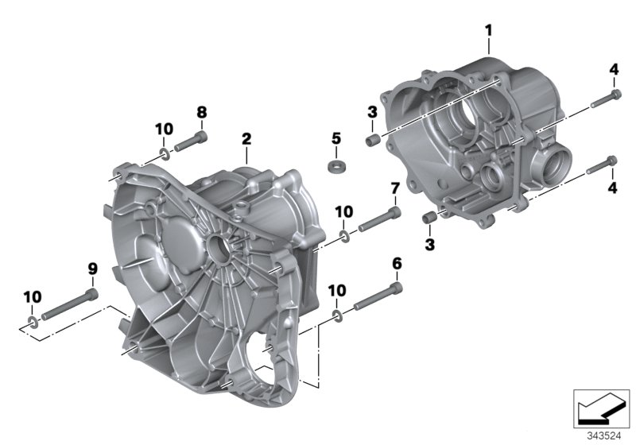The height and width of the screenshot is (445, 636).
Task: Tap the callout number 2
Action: coord(246,138)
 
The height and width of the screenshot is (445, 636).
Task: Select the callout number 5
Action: coord(335,139)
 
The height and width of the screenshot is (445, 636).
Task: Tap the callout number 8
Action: coord(201,113)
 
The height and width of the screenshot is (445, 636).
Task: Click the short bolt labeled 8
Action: coord(191,144)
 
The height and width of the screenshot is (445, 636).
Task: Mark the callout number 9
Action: coord(92,269)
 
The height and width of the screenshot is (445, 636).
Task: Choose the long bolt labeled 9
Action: coord(72,307)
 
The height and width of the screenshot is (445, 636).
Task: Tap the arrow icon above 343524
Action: coord(600,408)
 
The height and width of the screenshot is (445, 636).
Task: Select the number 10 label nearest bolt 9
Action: coord(31,296)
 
